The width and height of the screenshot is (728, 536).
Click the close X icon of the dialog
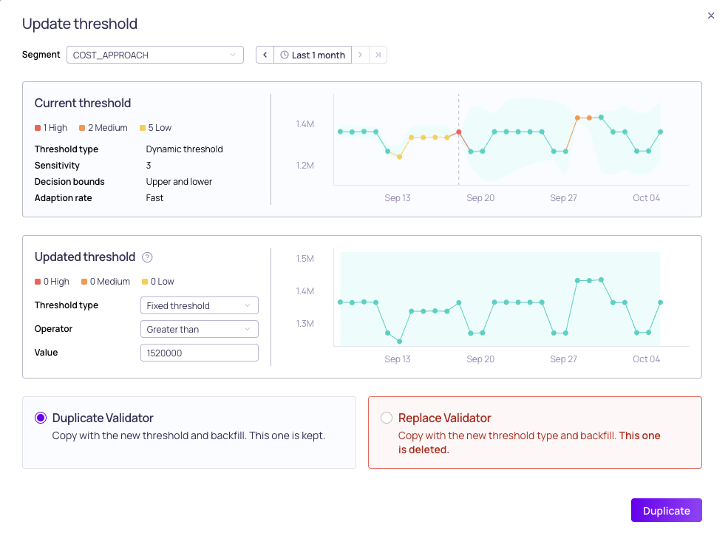tap(711, 16)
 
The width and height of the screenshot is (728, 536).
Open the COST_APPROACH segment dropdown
tap(155, 55)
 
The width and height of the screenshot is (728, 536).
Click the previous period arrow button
tap(265, 55)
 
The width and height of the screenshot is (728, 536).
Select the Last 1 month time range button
tap(313, 55)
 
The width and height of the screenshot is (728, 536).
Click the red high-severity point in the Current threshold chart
tap(459, 132)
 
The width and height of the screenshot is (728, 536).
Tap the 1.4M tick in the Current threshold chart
tap(305, 124)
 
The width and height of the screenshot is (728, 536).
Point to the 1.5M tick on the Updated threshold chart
tap(305, 258)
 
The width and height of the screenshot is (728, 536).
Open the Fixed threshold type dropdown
tap(199, 305)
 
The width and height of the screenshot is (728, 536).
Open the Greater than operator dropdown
tap(199, 329)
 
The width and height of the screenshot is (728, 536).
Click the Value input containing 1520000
tap(199, 353)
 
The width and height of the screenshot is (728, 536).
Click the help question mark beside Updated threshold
tap(147, 257)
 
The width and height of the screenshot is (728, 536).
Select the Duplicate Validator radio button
tap(41, 418)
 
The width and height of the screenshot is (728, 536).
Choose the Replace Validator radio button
tap(387, 418)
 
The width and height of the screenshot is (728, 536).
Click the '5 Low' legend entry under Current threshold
tap(155, 128)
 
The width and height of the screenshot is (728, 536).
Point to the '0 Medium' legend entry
tap(106, 282)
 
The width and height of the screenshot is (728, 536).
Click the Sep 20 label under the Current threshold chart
tap(480, 198)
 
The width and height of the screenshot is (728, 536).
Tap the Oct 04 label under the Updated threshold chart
tap(646, 359)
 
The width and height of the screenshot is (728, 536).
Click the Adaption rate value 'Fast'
tap(154, 198)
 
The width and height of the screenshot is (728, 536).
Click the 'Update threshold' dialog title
tap(80, 24)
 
